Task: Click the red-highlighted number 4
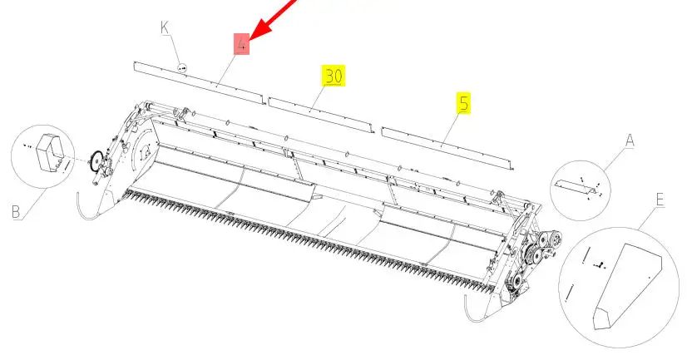tap(241, 44)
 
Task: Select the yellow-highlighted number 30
tap(334, 76)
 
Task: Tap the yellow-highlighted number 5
tap(463, 103)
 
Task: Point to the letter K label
tap(165, 27)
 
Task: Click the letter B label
tap(16, 212)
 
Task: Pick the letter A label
tap(629, 141)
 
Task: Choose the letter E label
tap(660, 200)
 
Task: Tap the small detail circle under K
tap(183, 68)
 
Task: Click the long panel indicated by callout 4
tap(199, 83)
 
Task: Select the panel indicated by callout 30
tap(321, 115)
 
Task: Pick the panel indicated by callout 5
tap(447, 149)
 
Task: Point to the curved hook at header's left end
tap(86, 207)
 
